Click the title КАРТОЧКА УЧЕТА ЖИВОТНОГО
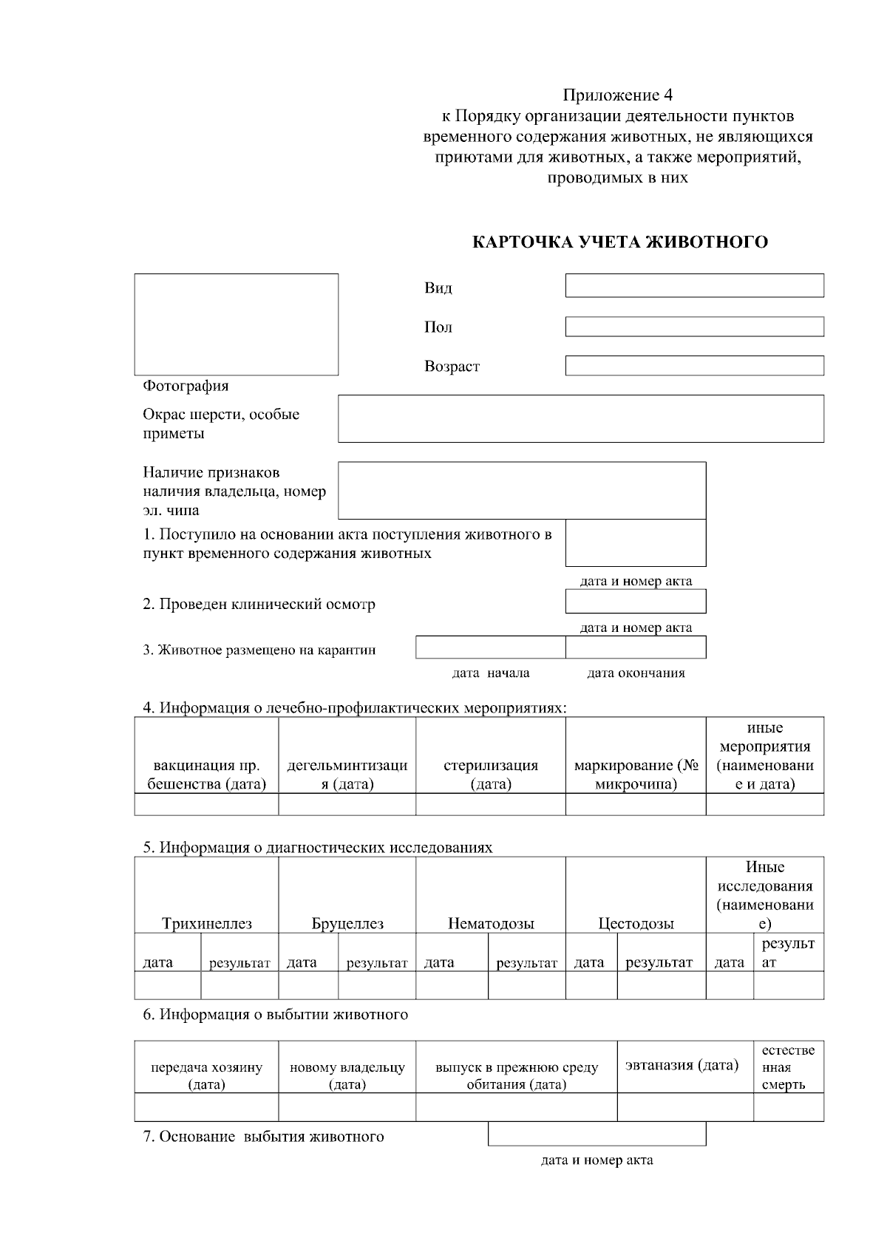619,242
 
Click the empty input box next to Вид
694,285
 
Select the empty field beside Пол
694,327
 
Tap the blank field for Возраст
694,365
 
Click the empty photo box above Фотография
236,324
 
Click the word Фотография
186,386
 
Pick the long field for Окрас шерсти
580,418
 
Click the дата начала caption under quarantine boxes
490,673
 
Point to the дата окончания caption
636,673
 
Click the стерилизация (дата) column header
491,775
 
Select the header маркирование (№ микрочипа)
636,775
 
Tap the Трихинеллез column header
207,924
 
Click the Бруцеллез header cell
347,924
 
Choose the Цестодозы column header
636,924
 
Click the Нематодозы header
491,924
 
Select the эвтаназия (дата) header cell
682,1065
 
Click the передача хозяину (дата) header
206,1076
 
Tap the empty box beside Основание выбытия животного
597,1134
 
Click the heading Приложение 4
617,95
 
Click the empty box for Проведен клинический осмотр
636,601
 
